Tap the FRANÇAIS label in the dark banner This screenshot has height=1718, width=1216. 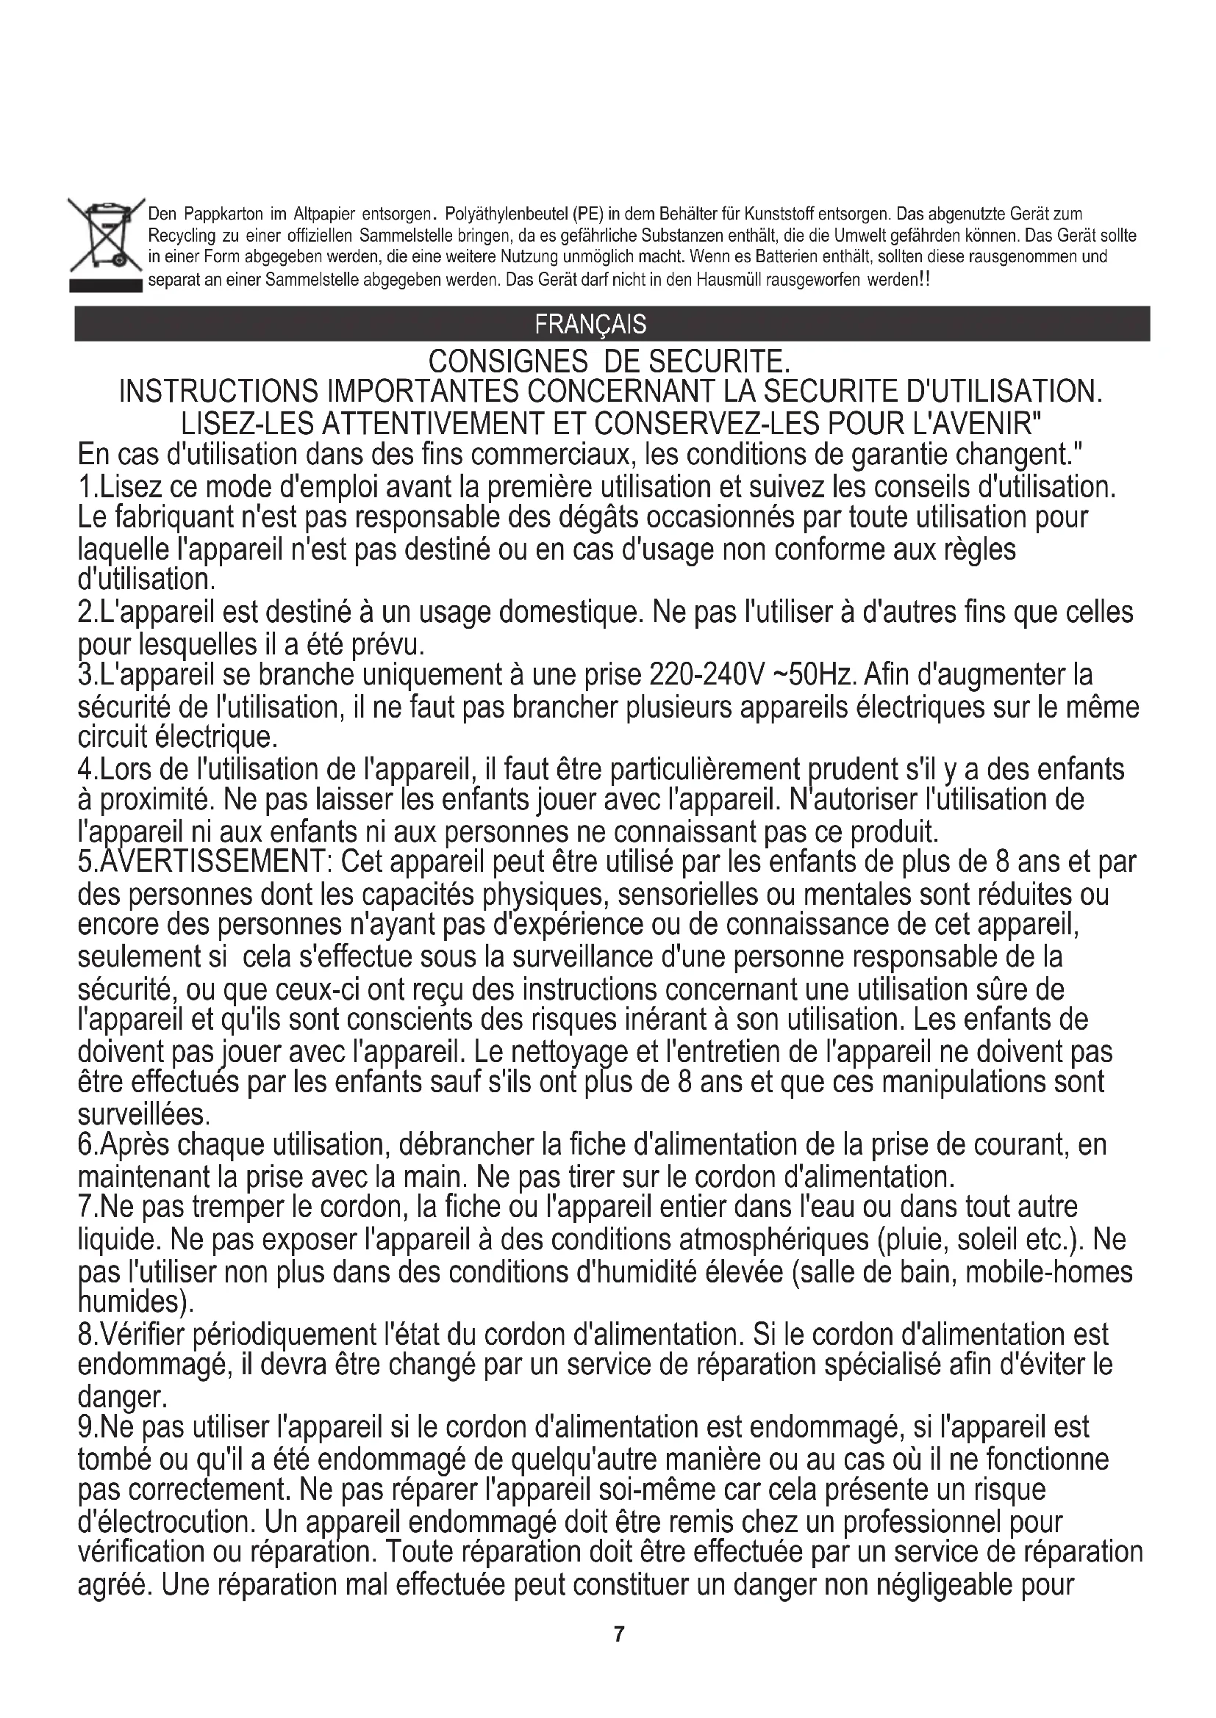pyautogui.click(x=590, y=324)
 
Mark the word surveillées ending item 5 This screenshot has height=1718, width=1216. pyautogui.click(x=143, y=1115)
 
